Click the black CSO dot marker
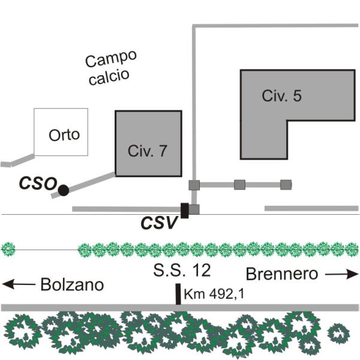click(64, 190)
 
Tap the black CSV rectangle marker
click(185, 211)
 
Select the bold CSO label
click(38, 184)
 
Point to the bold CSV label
click(160, 223)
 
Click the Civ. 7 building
click(149, 143)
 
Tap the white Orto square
click(61, 132)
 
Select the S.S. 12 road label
click(182, 270)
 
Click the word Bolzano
click(72, 284)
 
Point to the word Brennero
click(282, 274)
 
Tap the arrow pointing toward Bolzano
click(19, 284)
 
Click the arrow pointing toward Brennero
click(342, 274)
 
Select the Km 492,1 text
click(214, 294)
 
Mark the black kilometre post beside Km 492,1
click(178, 294)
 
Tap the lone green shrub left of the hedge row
click(8, 249)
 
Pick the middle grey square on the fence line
click(239, 185)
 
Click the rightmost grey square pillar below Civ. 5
click(286, 185)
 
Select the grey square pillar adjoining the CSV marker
click(194, 209)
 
